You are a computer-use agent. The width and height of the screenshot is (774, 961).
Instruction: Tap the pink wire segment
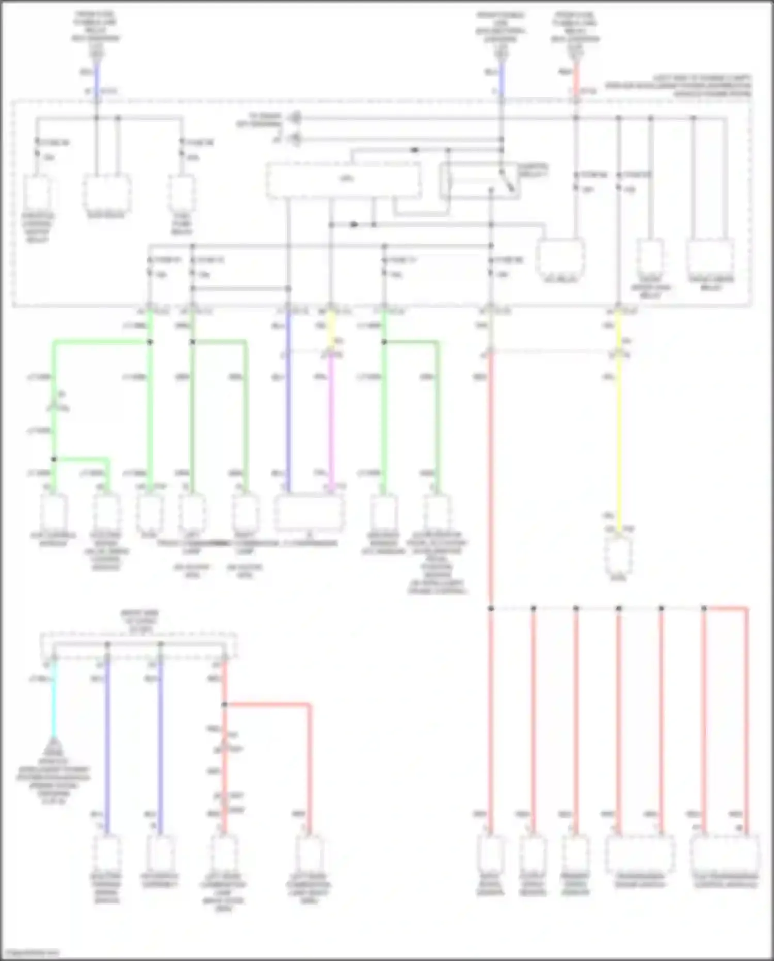point(331,418)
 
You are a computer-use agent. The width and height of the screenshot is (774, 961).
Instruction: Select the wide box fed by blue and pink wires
point(309,512)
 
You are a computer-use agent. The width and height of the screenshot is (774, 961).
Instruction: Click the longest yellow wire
point(619,439)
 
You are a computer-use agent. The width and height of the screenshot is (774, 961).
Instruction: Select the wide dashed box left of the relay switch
point(344,180)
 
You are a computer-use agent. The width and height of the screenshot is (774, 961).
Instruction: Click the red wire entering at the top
point(576,77)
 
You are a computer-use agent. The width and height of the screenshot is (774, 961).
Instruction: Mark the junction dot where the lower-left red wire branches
point(224,704)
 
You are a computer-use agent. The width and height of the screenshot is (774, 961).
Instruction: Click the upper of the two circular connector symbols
point(295,118)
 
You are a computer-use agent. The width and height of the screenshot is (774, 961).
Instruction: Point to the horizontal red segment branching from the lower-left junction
point(268,704)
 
